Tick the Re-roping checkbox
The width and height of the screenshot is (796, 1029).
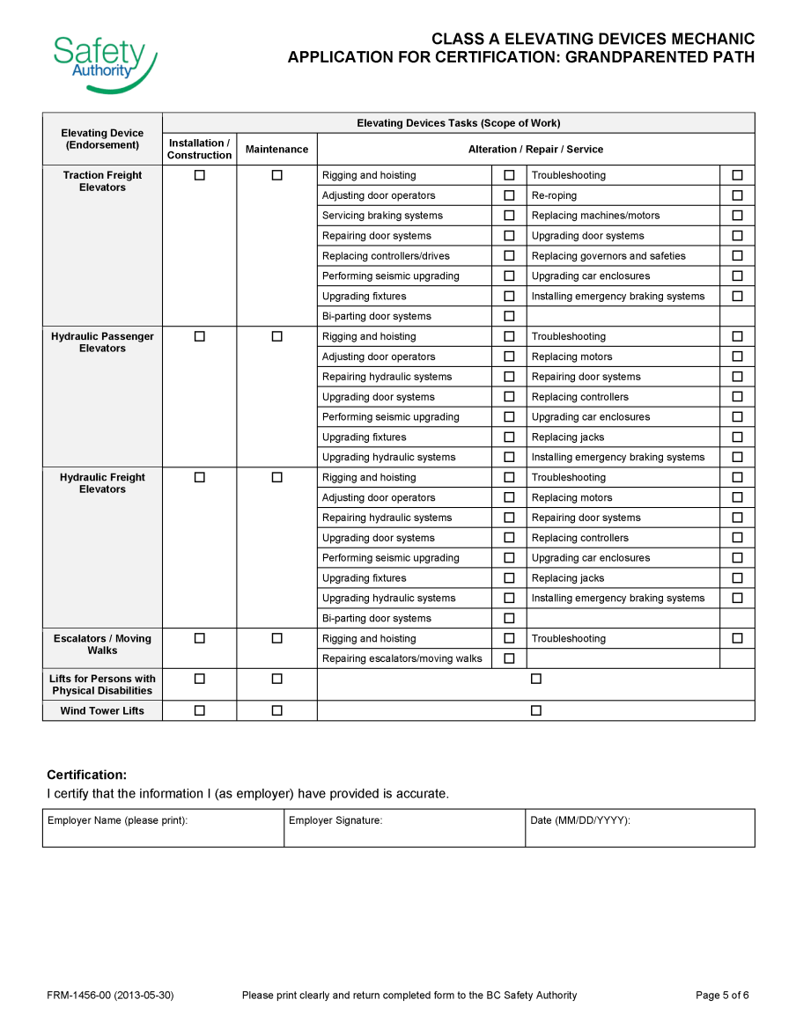click(x=737, y=195)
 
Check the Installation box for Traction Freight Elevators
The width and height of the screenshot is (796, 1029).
click(x=199, y=175)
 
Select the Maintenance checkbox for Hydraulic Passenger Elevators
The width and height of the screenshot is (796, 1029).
click(x=276, y=336)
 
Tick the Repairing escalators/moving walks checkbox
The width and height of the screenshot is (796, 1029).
click(x=509, y=658)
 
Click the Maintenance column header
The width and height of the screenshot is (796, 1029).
click(x=276, y=150)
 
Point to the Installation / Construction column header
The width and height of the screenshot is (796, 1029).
click(x=199, y=149)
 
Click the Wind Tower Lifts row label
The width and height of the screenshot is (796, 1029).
click(x=102, y=711)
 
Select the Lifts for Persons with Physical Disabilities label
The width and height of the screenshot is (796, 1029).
click(x=102, y=685)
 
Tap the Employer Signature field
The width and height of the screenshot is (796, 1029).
click(x=404, y=828)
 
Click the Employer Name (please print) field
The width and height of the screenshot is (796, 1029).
click(x=163, y=828)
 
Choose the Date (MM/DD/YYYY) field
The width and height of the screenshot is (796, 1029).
click(x=639, y=828)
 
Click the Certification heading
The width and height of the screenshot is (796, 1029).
click(x=86, y=775)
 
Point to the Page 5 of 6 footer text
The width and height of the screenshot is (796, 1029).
click(x=722, y=996)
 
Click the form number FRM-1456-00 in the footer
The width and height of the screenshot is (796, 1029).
click(x=110, y=996)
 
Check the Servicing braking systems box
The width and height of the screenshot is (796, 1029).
click(x=509, y=216)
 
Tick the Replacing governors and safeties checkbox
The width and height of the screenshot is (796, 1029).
click(x=737, y=256)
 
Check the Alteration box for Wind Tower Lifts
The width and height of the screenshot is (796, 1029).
click(x=535, y=710)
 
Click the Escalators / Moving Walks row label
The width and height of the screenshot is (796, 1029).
click(x=102, y=644)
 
